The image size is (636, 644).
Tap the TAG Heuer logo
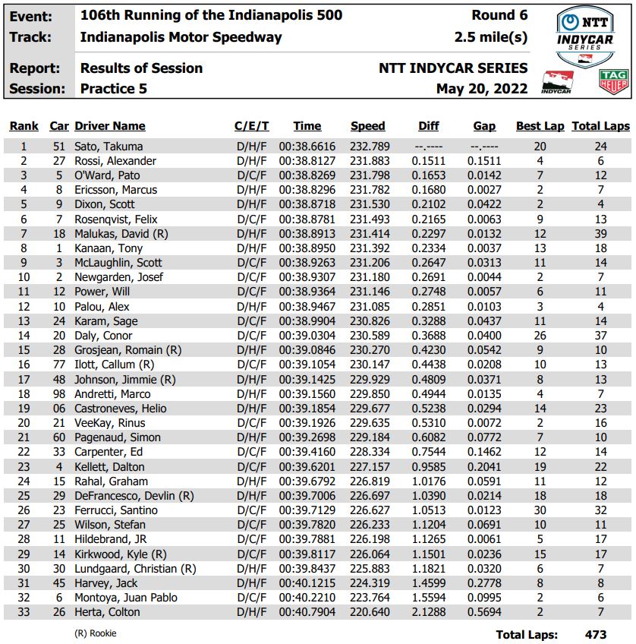pyautogui.click(x=613, y=82)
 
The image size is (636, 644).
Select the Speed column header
pyautogui.click(x=368, y=126)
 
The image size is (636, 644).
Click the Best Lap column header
pyautogui.click(x=540, y=126)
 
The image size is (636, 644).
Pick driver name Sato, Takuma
pyautogui.click(x=109, y=147)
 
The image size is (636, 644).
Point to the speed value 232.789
pyautogui.click(x=368, y=147)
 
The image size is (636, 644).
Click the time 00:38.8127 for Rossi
pyautogui.click(x=307, y=161)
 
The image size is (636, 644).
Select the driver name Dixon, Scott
pyautogui.click(x=105, y=204)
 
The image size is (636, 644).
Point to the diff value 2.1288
pyautogui.click(x=429, y=612)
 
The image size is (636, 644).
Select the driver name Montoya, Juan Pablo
pyautogui.click(x=124, y=598)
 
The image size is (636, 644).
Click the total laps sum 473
pyautogui.click(x=596, y=634)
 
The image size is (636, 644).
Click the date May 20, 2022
pyautogui.click(x=481, y=89)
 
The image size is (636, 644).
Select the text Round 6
pyautogui.click(x=499, y=15)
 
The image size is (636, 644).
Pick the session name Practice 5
pyautogui.click(x=114, y=89)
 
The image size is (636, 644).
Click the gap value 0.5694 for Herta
pyautogui.click(x=484, y=612)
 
